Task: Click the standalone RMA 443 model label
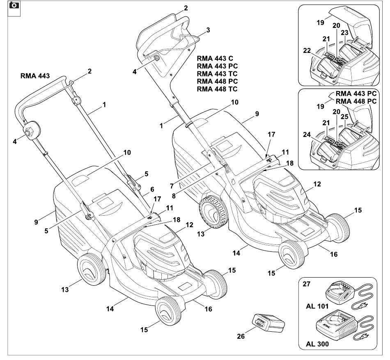coord(35,76)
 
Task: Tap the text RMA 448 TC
coord(217,89)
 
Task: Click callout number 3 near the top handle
coord(208,30)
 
